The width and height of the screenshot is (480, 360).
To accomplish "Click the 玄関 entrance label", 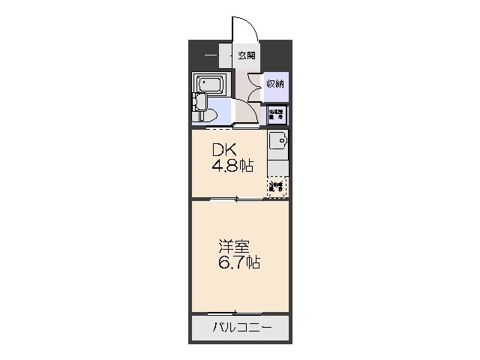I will coord(247,55).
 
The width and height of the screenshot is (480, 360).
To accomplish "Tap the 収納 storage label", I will coord(275,83).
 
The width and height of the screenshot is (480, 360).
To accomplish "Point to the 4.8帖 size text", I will coord(232,166).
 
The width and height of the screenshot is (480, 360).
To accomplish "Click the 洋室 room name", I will coord(230,246).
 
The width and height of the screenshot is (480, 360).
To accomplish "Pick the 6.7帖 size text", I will coord(240,263).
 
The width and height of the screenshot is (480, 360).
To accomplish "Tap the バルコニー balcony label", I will coord(240,327).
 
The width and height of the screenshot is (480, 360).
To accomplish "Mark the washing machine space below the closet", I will coord(276,114).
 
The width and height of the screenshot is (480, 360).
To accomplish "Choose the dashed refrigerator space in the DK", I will coord(277,186).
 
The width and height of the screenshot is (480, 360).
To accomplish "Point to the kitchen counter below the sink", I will coord(277,164).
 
